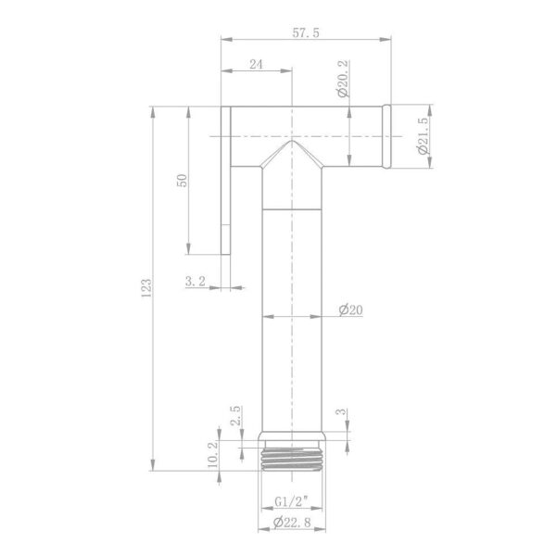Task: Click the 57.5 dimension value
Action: [x=306, y=32]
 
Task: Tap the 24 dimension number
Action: [x=256, y=65]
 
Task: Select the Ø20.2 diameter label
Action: [x=344, y=79]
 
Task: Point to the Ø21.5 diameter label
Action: [x=423, y=136]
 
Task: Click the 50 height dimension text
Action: [x=182, y=181]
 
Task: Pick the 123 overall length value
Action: [x=146, y=288]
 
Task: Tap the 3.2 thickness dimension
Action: [x=196, y=282]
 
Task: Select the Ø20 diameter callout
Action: [x=350, y=310]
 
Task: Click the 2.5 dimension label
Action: [x=235, y=415]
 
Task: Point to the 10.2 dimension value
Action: [x=213, y=455]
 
